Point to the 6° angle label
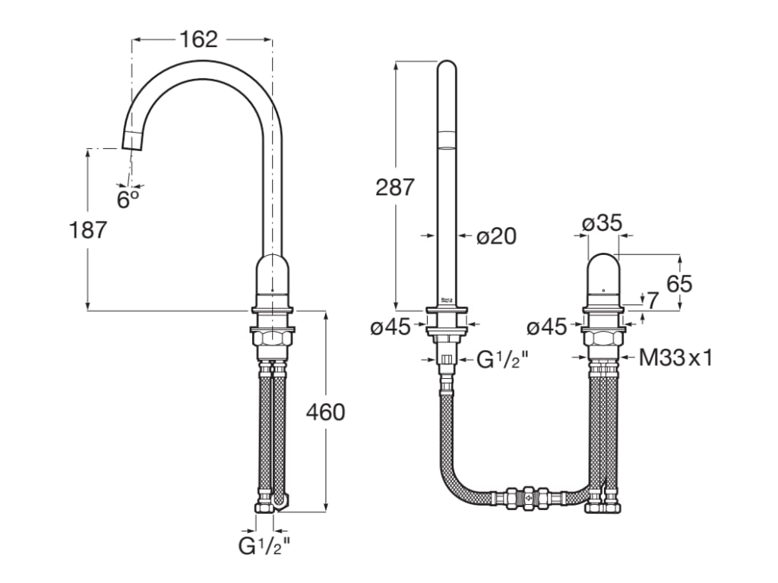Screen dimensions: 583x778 point(128,199)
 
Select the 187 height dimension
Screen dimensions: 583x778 point(89,229)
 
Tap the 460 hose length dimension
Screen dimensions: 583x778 point(325,412)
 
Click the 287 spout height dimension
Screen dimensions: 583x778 point(395,186)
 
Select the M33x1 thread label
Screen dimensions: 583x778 point(675,358)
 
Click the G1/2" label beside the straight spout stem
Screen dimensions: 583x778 point(501,359)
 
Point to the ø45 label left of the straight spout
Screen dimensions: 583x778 point(391,327)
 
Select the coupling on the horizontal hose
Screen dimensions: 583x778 point(529,498)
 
